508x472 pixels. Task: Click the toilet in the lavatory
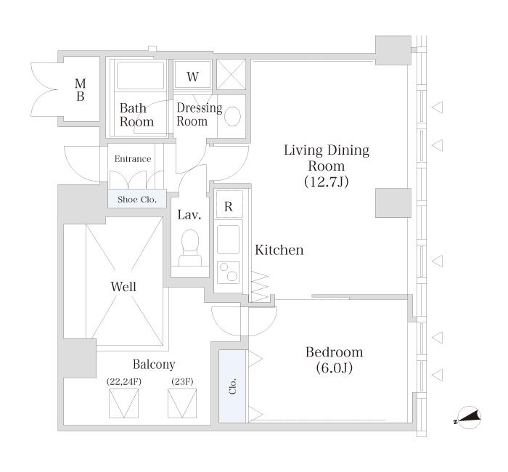click(x=190, y=248)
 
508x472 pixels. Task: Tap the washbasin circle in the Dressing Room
click(x=233, y=116)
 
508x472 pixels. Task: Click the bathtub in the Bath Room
click(x=141, y=76)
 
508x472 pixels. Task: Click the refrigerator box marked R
click(x=229, y=204)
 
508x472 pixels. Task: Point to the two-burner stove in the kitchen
click(x=228, y=272)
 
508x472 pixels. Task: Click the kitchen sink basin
click(x=228, y=240)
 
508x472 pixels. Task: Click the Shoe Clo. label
click(x=137, y=200)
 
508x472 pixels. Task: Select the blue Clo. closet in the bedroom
click(x=232, y=386)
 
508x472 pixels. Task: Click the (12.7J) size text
click(x=327, y=182)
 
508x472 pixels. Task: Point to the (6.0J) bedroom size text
click(x=335, y=368)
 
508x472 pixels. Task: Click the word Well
click(x=123, y=287)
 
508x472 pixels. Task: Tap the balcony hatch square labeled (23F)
click(x=182, y=403)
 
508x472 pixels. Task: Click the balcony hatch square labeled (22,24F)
click(x=124, y=403)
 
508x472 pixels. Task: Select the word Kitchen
click(x=279, y=250)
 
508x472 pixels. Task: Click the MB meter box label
click(x=81, y=90)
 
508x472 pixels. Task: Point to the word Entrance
click(x=133, y=159)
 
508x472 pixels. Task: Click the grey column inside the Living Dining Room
click(x=393, y=203)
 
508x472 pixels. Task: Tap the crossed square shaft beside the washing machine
click(x=231, y=74)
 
